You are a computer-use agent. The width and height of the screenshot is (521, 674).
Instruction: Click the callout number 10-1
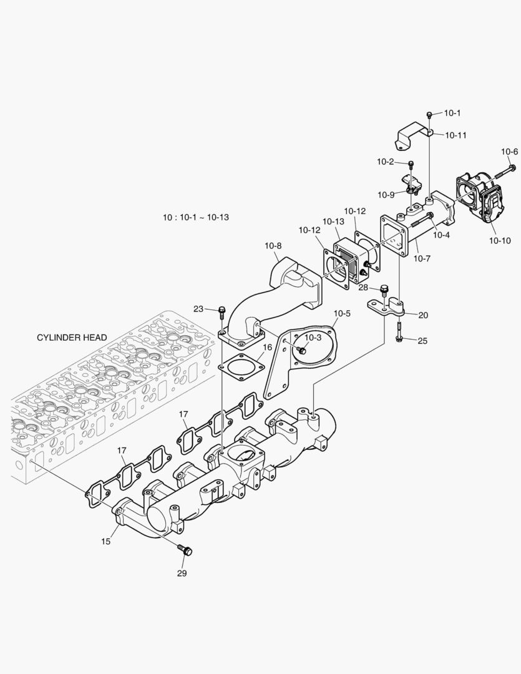tap(452, 113)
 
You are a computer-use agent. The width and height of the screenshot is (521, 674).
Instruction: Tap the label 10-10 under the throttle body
tap(499, 240)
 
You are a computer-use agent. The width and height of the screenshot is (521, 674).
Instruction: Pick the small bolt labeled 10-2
tap(411, 164)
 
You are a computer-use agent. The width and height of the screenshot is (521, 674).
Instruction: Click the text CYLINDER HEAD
tap(72, 338)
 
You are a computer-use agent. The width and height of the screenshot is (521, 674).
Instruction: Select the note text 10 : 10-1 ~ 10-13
tap(196, 217)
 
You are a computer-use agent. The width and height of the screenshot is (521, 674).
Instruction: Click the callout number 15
tap(106, 542)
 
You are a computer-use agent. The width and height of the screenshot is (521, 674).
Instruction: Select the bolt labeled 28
tap(384, 289)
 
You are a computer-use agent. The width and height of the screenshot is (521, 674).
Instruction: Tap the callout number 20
tap(423, 315)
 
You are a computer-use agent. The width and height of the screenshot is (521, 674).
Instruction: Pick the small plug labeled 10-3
tap(302, 351)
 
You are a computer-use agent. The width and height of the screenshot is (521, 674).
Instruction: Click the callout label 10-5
tap(343, 313)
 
